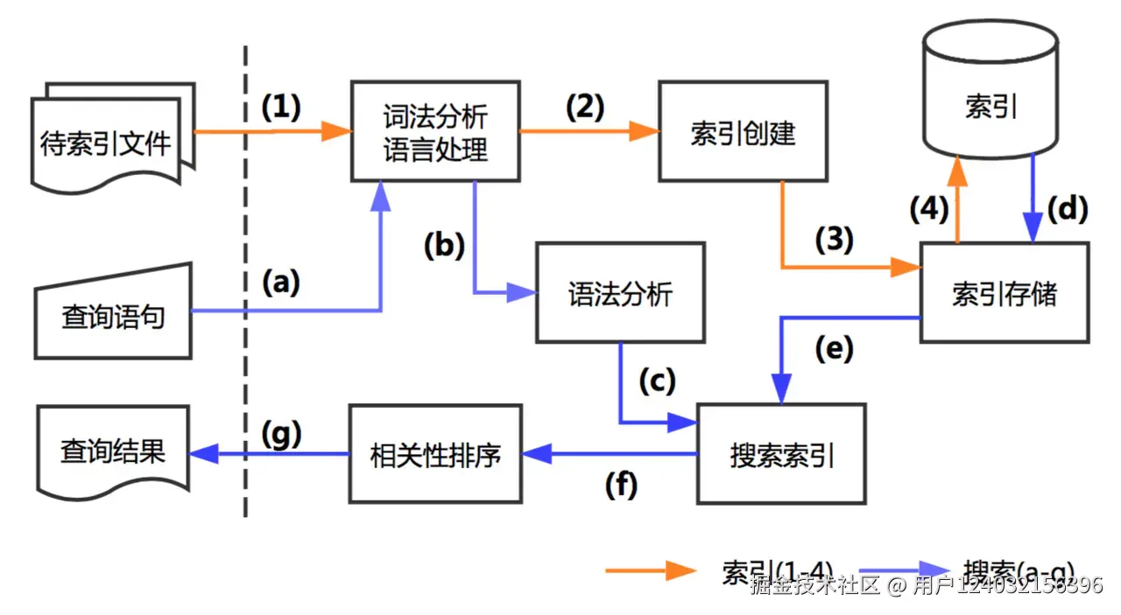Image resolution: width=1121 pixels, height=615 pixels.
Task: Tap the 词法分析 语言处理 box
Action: click(435, 132)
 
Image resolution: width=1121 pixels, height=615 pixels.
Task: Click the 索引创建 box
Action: click(743, 132)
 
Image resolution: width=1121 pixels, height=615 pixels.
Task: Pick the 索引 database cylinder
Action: click(991, 97)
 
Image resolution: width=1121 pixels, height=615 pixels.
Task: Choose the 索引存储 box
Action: click(1004, 292)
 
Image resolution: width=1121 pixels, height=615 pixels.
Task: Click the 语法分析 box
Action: click(620, 292)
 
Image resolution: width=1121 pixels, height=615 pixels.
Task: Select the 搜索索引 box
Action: click(781, 453)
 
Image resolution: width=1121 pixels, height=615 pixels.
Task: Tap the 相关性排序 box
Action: click(435, 453)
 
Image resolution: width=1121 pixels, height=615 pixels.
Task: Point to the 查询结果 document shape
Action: click(112, 450)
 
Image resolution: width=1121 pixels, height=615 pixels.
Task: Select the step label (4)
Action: click(929, 209)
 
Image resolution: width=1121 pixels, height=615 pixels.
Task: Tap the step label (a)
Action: click(281, 282)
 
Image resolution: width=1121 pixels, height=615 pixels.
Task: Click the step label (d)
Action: click(1067, 209)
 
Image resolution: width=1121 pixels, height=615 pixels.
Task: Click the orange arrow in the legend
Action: click(650, 570)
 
